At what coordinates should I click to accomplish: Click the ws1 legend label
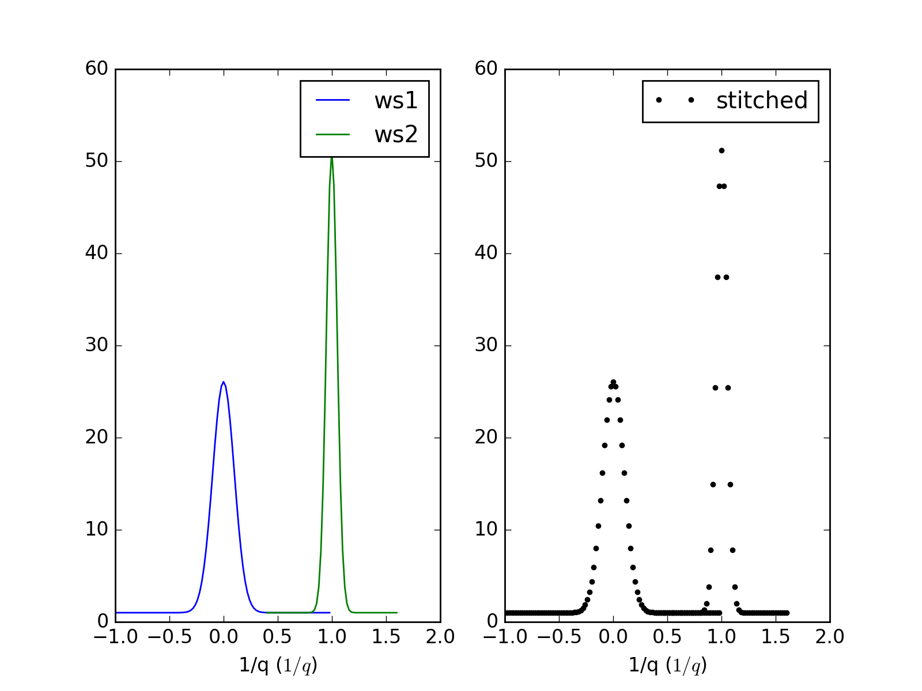tap(395, 101)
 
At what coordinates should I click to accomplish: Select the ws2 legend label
tap(395, 135)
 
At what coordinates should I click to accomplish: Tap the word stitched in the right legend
tap(761, 101)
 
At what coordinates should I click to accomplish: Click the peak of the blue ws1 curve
tap(224, 382)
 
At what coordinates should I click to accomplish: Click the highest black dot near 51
tap(721, 150)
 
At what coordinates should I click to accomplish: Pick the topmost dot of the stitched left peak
tap(613, 382)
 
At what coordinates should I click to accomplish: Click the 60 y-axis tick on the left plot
tap(97, 69)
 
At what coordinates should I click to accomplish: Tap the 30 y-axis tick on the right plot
tap(486, 345)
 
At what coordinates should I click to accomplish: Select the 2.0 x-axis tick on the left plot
tap(440, 637)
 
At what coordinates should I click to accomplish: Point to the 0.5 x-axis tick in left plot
tap(278, 637)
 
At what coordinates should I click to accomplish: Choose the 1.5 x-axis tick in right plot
tap(776, 637)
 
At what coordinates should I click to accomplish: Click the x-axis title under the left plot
tap(278, 666)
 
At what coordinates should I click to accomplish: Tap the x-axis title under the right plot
tap(668, 666)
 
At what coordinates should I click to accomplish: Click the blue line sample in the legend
tap(332, 101)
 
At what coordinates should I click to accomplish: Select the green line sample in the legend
tap(332, 135)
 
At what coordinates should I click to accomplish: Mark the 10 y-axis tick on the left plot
tap(97, 530)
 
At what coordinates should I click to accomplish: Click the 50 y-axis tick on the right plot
tap(486, 161)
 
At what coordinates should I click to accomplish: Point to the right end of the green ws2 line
tap(397, 613)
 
